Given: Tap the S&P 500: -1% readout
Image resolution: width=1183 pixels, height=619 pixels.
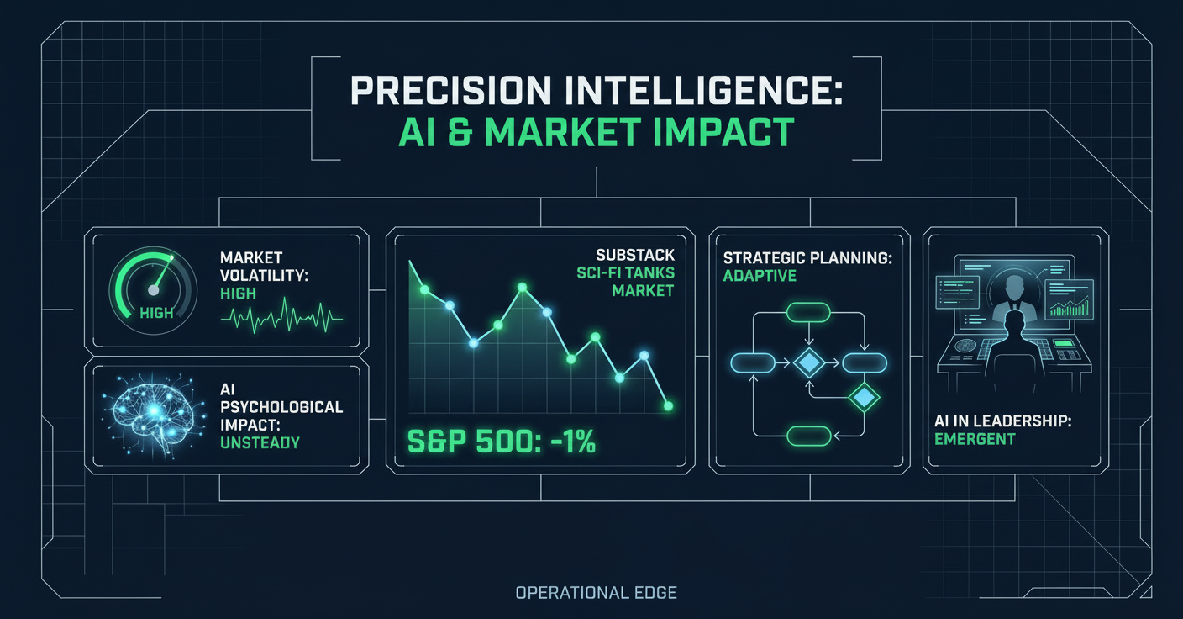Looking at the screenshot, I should point(502,442).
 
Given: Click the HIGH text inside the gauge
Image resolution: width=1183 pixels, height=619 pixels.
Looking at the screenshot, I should point(156,313).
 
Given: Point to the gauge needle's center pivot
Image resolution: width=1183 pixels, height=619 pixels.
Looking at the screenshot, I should point(153,289).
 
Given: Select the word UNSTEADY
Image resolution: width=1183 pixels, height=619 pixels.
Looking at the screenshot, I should point(259,442).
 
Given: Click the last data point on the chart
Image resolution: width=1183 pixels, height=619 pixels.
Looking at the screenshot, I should point(668,406).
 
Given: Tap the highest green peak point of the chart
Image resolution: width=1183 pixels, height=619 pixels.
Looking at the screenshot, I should point(523,288).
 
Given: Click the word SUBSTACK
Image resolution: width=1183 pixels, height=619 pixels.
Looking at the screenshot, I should point(634,254).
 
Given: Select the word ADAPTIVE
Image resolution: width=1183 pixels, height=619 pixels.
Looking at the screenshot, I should point(760,276).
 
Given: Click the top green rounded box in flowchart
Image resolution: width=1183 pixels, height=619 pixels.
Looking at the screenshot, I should point(807,313).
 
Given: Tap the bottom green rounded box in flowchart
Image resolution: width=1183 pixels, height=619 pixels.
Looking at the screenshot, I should point(807,436).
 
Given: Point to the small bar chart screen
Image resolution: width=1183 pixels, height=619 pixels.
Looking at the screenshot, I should point(1070,300).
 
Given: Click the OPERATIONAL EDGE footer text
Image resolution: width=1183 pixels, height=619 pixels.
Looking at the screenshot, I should point(596,593).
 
